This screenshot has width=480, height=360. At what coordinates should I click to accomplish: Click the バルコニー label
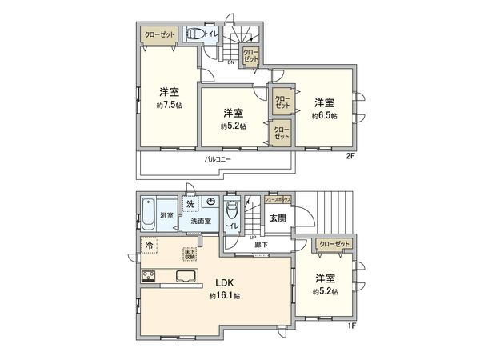point(217,159)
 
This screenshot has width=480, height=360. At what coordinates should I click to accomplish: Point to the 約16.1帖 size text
point(225,296)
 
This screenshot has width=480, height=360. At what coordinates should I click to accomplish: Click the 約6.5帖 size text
point(324,115)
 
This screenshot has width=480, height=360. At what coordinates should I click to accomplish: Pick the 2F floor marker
point(350,155)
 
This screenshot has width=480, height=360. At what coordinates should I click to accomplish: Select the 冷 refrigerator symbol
point(150,246)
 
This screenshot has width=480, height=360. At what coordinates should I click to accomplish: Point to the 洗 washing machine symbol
point(190,205)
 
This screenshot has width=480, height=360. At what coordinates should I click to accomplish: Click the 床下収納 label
point(192,253)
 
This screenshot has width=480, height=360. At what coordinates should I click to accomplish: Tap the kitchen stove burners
point(149,278)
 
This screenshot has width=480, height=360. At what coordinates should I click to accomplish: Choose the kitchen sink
point(183,278)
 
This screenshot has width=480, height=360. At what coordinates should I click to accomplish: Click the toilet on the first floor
point(232,212)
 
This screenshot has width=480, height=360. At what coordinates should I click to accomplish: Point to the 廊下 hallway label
point(262,245)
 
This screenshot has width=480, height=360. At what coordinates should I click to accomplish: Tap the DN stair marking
point(230,62)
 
